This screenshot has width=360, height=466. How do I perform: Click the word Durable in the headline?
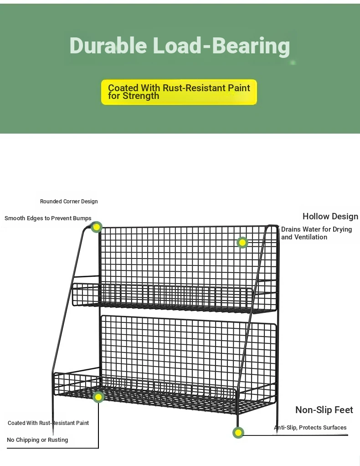pos(108,46)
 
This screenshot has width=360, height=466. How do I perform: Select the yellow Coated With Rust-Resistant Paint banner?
pos(179,92)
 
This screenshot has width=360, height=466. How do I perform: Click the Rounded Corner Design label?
pos(69,202)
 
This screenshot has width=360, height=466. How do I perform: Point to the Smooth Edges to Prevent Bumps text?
pos(48,218)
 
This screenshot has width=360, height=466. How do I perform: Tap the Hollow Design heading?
pos(330,216)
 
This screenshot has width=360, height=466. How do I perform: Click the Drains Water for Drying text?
pos(316,229)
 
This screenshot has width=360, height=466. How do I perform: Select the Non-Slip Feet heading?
pos(324,410)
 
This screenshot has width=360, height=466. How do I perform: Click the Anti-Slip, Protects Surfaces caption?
pos(310,427)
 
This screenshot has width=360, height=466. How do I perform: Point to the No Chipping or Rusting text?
pos(37,440)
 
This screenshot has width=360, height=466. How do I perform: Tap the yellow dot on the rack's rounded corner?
pos(96,228)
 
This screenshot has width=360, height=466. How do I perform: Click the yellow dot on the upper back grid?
pos(242,243)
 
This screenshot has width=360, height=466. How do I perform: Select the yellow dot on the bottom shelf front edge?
pos(98,397)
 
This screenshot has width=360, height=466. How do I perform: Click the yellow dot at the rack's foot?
pos(238,433)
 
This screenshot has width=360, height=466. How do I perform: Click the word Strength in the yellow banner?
pos(141,96)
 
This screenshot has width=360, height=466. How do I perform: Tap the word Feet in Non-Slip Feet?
pos(344,410)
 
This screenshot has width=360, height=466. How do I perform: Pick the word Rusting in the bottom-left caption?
pos(58,440)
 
